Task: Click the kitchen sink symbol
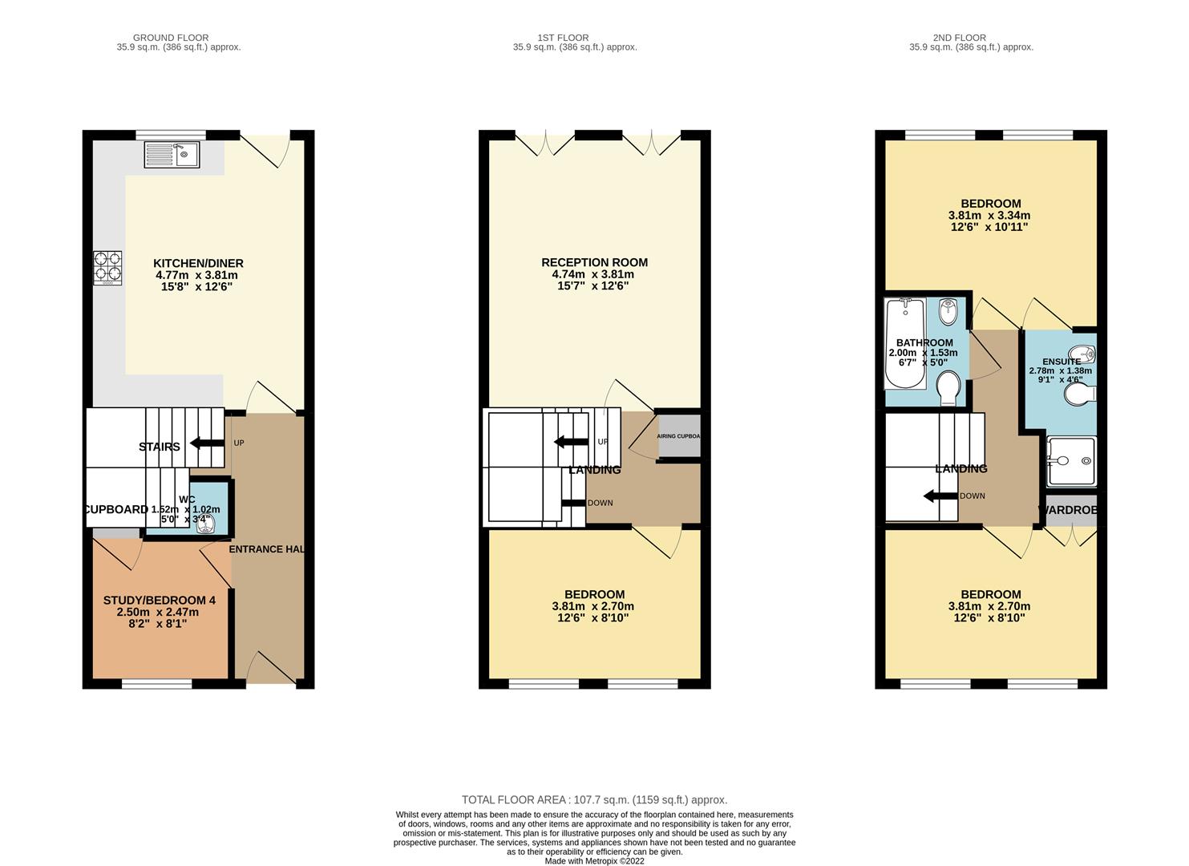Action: click(172, 155)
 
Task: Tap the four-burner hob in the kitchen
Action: click(108, 268)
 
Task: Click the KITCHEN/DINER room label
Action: click(198, 263)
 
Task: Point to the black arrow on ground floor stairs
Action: click(206, 444)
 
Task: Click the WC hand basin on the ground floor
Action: click(205, 523)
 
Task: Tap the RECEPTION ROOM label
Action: click(594, 262)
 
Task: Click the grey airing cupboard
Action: click(678, 437)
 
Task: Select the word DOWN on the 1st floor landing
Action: click(600, 503)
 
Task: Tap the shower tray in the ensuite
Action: click(1071, 461)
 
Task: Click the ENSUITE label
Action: click(1061, 362)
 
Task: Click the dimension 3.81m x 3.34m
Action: click(989, 216)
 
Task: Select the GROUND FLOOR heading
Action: click(171, 38)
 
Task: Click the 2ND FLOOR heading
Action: click(959, 38)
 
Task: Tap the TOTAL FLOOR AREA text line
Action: click(594, 799)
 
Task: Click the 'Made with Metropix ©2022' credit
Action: click(594, 861)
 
